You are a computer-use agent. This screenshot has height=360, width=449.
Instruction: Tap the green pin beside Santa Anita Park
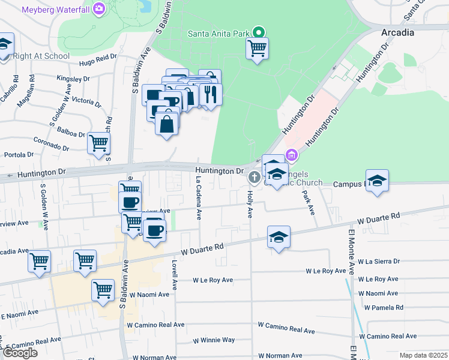tap(259, 32)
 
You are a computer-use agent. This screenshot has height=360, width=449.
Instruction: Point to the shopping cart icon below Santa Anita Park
tap(257, 48)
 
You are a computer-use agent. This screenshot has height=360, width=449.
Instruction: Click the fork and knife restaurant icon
tap(210, 94)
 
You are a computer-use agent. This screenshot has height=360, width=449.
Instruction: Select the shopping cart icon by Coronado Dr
tap(98, 143)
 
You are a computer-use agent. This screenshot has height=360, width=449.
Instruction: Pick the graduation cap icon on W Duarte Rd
tap(279, 237)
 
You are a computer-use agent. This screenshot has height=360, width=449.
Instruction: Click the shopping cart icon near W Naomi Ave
tap(103, 290)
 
